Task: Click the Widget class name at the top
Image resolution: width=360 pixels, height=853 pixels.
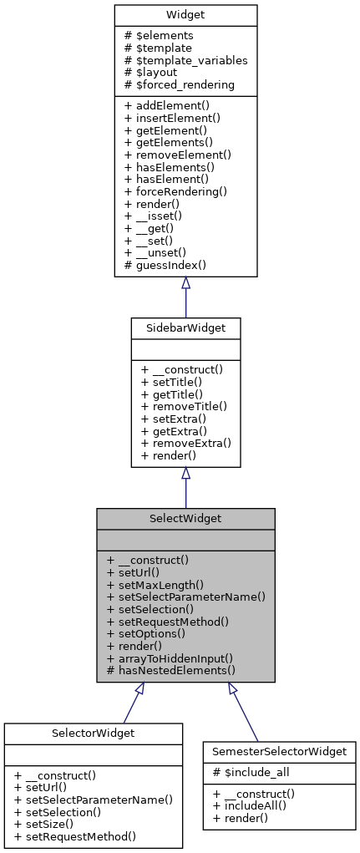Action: coord(185,16)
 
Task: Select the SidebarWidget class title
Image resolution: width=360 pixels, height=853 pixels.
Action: coord(185,328)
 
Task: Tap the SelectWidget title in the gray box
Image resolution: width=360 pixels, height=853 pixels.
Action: coord(185,519)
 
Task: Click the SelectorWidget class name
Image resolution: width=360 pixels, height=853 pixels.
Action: coord(93,733)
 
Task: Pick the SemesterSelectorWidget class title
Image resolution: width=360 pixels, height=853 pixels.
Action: coord(279,751)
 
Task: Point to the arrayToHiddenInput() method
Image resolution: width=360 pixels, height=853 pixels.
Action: coord(170,658)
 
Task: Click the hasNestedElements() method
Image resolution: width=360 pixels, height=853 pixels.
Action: coord(172,669)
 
